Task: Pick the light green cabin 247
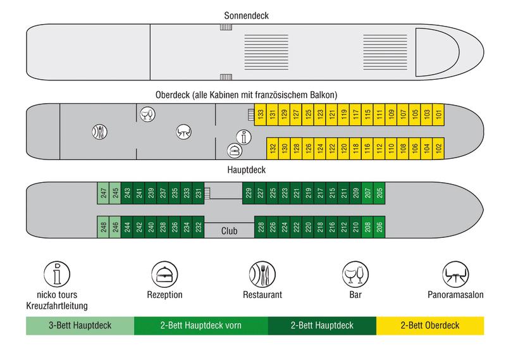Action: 104,194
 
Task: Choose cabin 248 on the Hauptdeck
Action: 104,227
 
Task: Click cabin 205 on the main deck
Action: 379,194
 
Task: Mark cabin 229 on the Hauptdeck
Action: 249,194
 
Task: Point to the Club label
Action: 229,232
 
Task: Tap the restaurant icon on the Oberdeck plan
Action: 99,132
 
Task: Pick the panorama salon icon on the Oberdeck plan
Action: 184,131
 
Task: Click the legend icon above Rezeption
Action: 164,275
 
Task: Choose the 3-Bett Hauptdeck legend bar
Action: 80,326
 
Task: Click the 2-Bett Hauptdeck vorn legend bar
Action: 201,326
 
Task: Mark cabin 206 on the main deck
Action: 379,227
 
